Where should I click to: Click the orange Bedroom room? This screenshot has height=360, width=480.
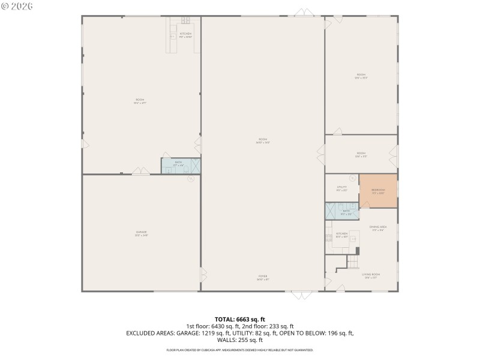(378, 191)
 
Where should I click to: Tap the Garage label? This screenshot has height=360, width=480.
(142, 232)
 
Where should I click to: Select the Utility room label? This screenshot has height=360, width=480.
(342, 187)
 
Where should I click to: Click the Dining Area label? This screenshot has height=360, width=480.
(378, 227)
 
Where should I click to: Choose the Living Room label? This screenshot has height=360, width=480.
(372, 275)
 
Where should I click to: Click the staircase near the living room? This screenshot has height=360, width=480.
(353, 262)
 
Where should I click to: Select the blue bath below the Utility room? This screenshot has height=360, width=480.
(342, 211)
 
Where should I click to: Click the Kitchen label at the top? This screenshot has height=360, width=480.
(186, 34)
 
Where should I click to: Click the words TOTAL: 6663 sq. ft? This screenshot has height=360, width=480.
(240, 319)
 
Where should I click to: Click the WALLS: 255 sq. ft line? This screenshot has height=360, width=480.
(240, 339)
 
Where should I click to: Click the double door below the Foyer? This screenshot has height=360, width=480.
(302, 294)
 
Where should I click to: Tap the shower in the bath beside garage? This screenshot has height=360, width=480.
(196, 166)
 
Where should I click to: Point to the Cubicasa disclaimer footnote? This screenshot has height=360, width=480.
(240, 349)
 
